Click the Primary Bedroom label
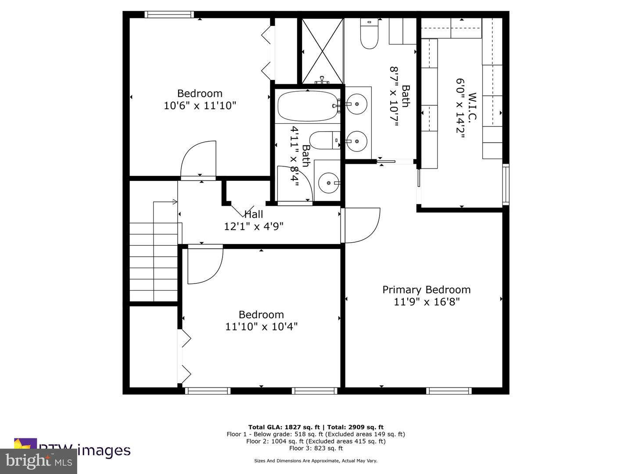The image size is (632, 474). pos(426,290)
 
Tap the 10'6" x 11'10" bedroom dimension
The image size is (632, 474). pos(200,106)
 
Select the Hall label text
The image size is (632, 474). pos(254,214)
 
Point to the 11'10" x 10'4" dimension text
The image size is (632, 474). pos(261,327)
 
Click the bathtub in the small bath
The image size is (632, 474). pos(307,106)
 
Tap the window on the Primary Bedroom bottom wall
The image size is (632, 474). pos(449,391)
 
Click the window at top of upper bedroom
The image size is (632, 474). pos(169,14)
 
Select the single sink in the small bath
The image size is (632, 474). pos(328,183)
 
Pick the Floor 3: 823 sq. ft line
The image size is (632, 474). pos(316,448)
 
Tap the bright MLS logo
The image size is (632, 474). pos(38,461)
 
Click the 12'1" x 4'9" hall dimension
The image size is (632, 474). pos(254,226)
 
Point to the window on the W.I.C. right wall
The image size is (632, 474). pos(506,184)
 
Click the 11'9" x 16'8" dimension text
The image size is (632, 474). pos(426,302)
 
